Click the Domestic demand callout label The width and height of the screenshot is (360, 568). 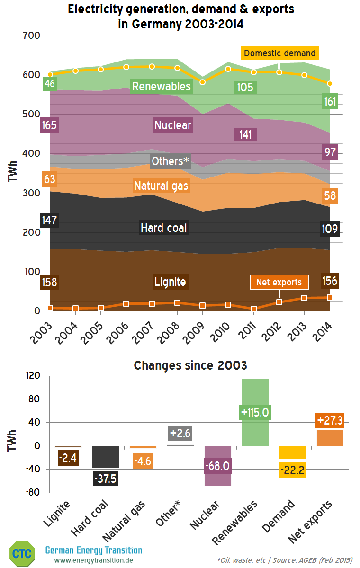tap(279, 53)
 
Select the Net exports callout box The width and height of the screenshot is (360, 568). tap(279, 283)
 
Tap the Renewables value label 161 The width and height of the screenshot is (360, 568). tap(330, 101)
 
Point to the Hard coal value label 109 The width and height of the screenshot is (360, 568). tap(330, 229)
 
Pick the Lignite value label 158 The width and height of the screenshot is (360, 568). tap(50, 283)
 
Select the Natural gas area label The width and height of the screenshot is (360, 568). tap(161, 186)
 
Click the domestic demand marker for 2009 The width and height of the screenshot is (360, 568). tap(203, 82)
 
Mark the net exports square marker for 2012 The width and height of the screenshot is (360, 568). tap(279, 302)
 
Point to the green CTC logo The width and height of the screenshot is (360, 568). tap(22, 553)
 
